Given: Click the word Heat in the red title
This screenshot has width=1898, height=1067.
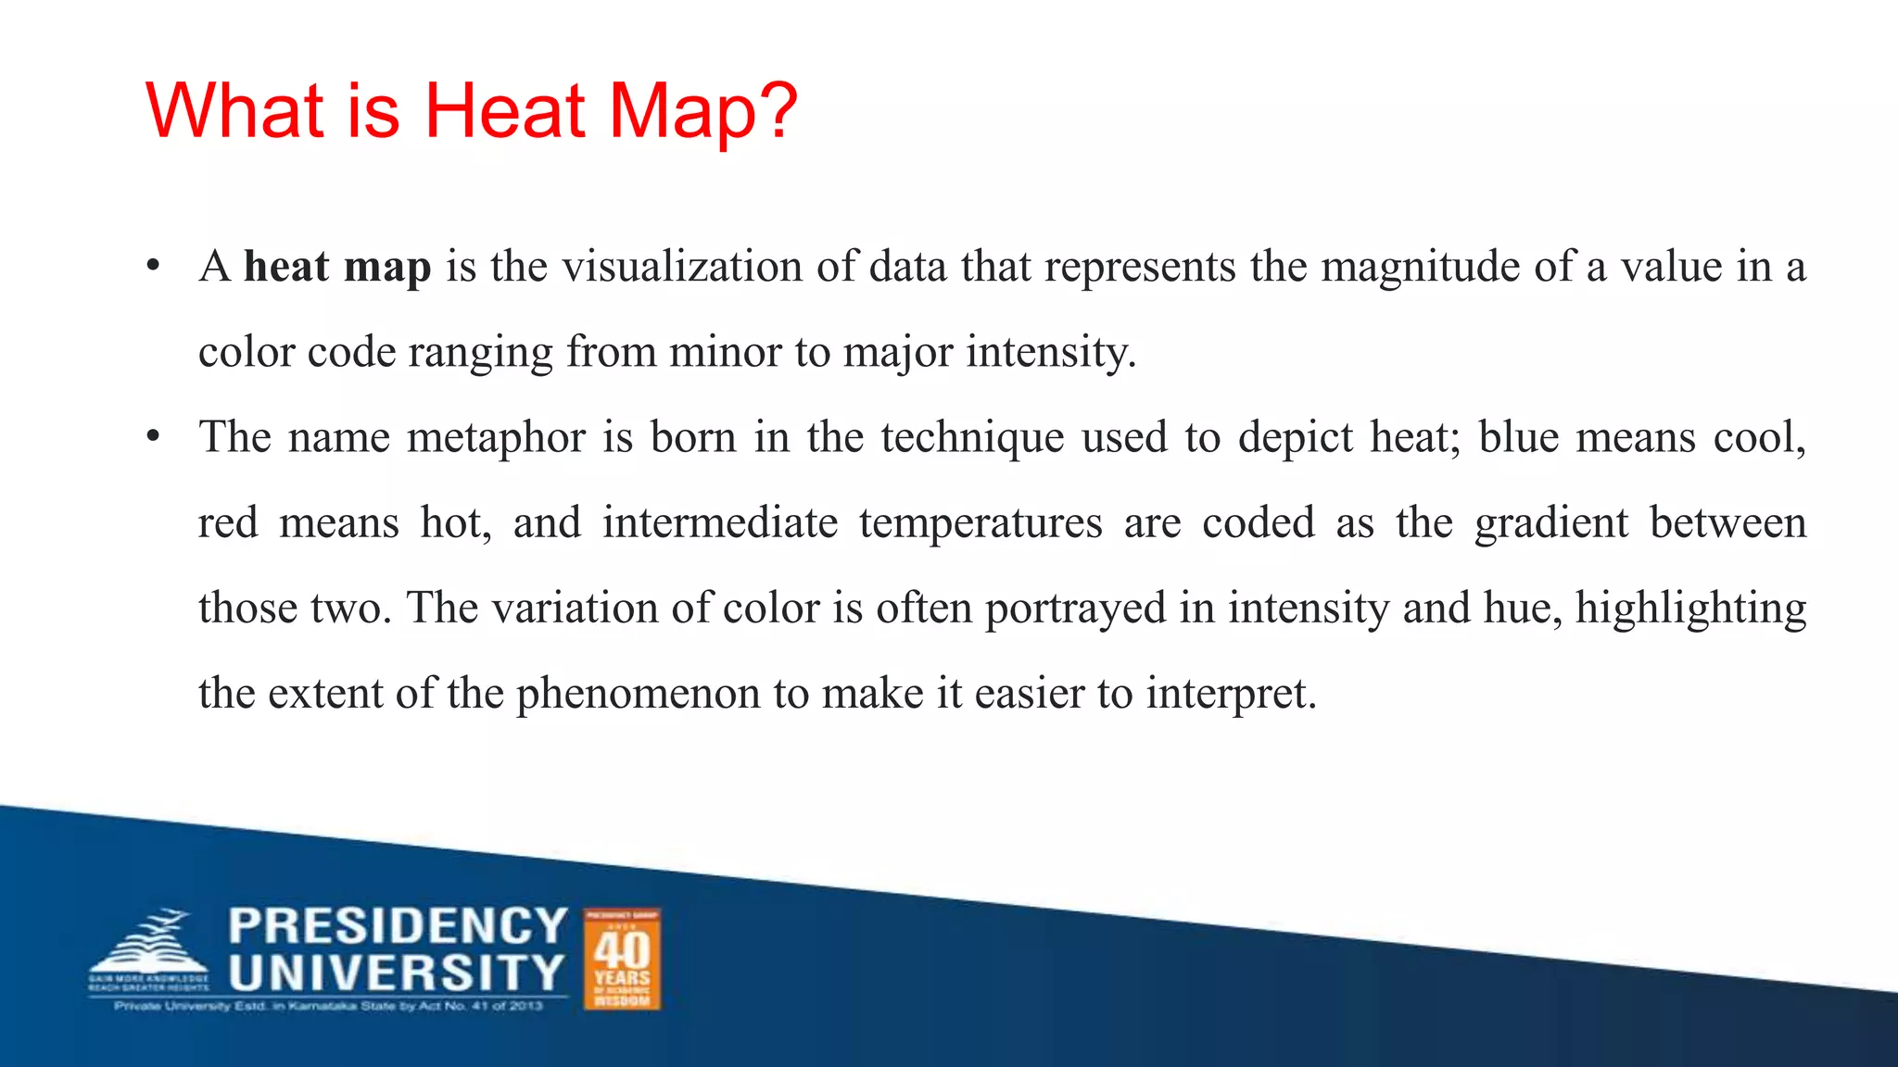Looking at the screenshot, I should [506, 111].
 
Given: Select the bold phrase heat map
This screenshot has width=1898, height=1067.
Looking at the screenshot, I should [337, 267].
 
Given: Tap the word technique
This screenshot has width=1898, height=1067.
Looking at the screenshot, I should [972, 438].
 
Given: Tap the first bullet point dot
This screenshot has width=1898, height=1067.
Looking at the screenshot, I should [154, 267].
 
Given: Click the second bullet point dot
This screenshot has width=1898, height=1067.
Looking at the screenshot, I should [154, 437].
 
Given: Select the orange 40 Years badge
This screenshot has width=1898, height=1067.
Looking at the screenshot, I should [622, 959].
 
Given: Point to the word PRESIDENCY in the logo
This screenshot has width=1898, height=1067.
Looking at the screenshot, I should [398, 925].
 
